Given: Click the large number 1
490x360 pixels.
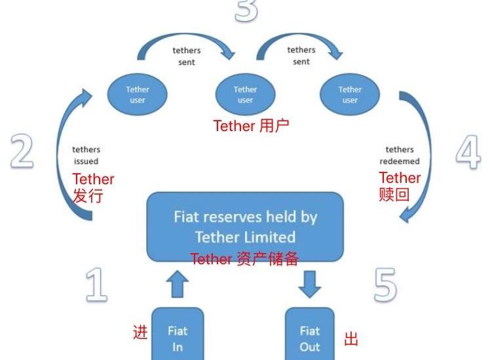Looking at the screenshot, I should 96,285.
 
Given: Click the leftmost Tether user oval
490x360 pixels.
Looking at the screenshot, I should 138,94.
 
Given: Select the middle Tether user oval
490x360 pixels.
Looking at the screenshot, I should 245,94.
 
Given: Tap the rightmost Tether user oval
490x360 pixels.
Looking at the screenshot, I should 350,94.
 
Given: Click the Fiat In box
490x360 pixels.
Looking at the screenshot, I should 178,337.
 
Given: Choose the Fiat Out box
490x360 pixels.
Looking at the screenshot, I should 309,337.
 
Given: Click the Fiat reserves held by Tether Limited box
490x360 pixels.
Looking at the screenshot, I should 245,226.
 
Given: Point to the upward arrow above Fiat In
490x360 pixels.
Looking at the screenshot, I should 178,284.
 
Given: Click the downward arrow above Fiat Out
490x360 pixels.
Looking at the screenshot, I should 310,283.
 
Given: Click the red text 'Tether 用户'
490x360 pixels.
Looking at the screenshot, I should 251,126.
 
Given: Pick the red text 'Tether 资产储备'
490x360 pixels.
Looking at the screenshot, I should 244,259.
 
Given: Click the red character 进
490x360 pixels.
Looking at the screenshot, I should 140,332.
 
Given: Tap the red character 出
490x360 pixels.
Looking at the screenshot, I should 352,339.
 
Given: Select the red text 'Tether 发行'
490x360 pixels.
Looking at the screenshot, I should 92,188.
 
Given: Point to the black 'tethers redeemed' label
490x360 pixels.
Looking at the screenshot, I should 400,155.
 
